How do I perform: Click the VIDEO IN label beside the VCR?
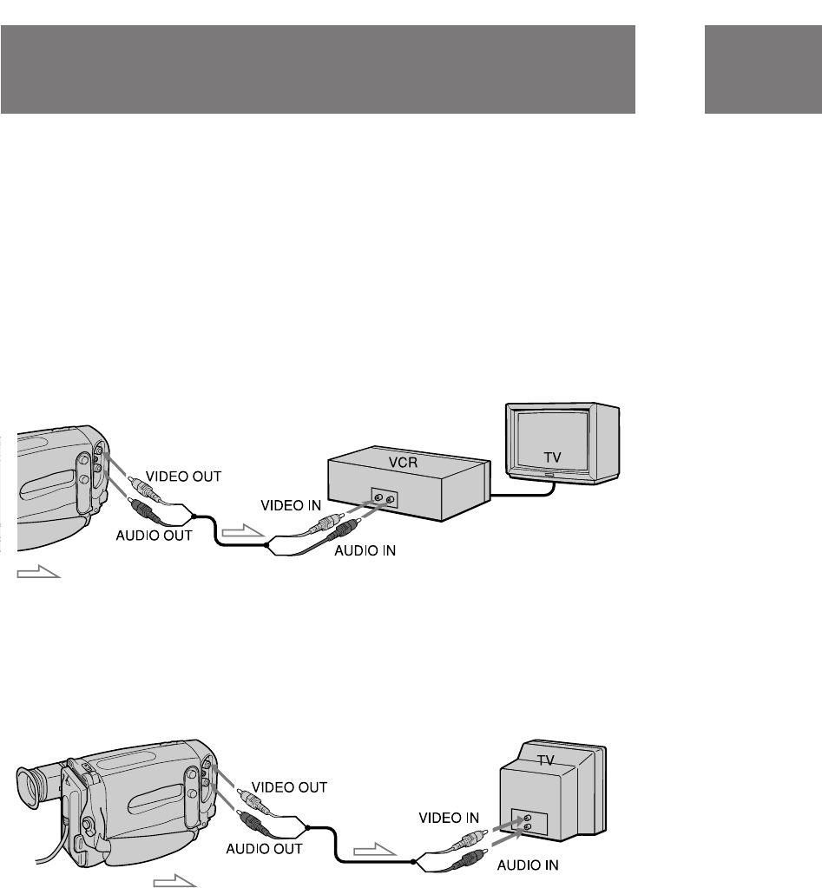coord(290,503)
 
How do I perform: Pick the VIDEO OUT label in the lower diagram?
coord(288,787)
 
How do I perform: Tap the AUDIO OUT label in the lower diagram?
coord(264,848)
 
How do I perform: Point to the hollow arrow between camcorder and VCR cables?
coord(240,530)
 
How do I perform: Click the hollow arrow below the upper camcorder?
coord(39,573)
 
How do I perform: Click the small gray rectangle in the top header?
coord(763,69)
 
